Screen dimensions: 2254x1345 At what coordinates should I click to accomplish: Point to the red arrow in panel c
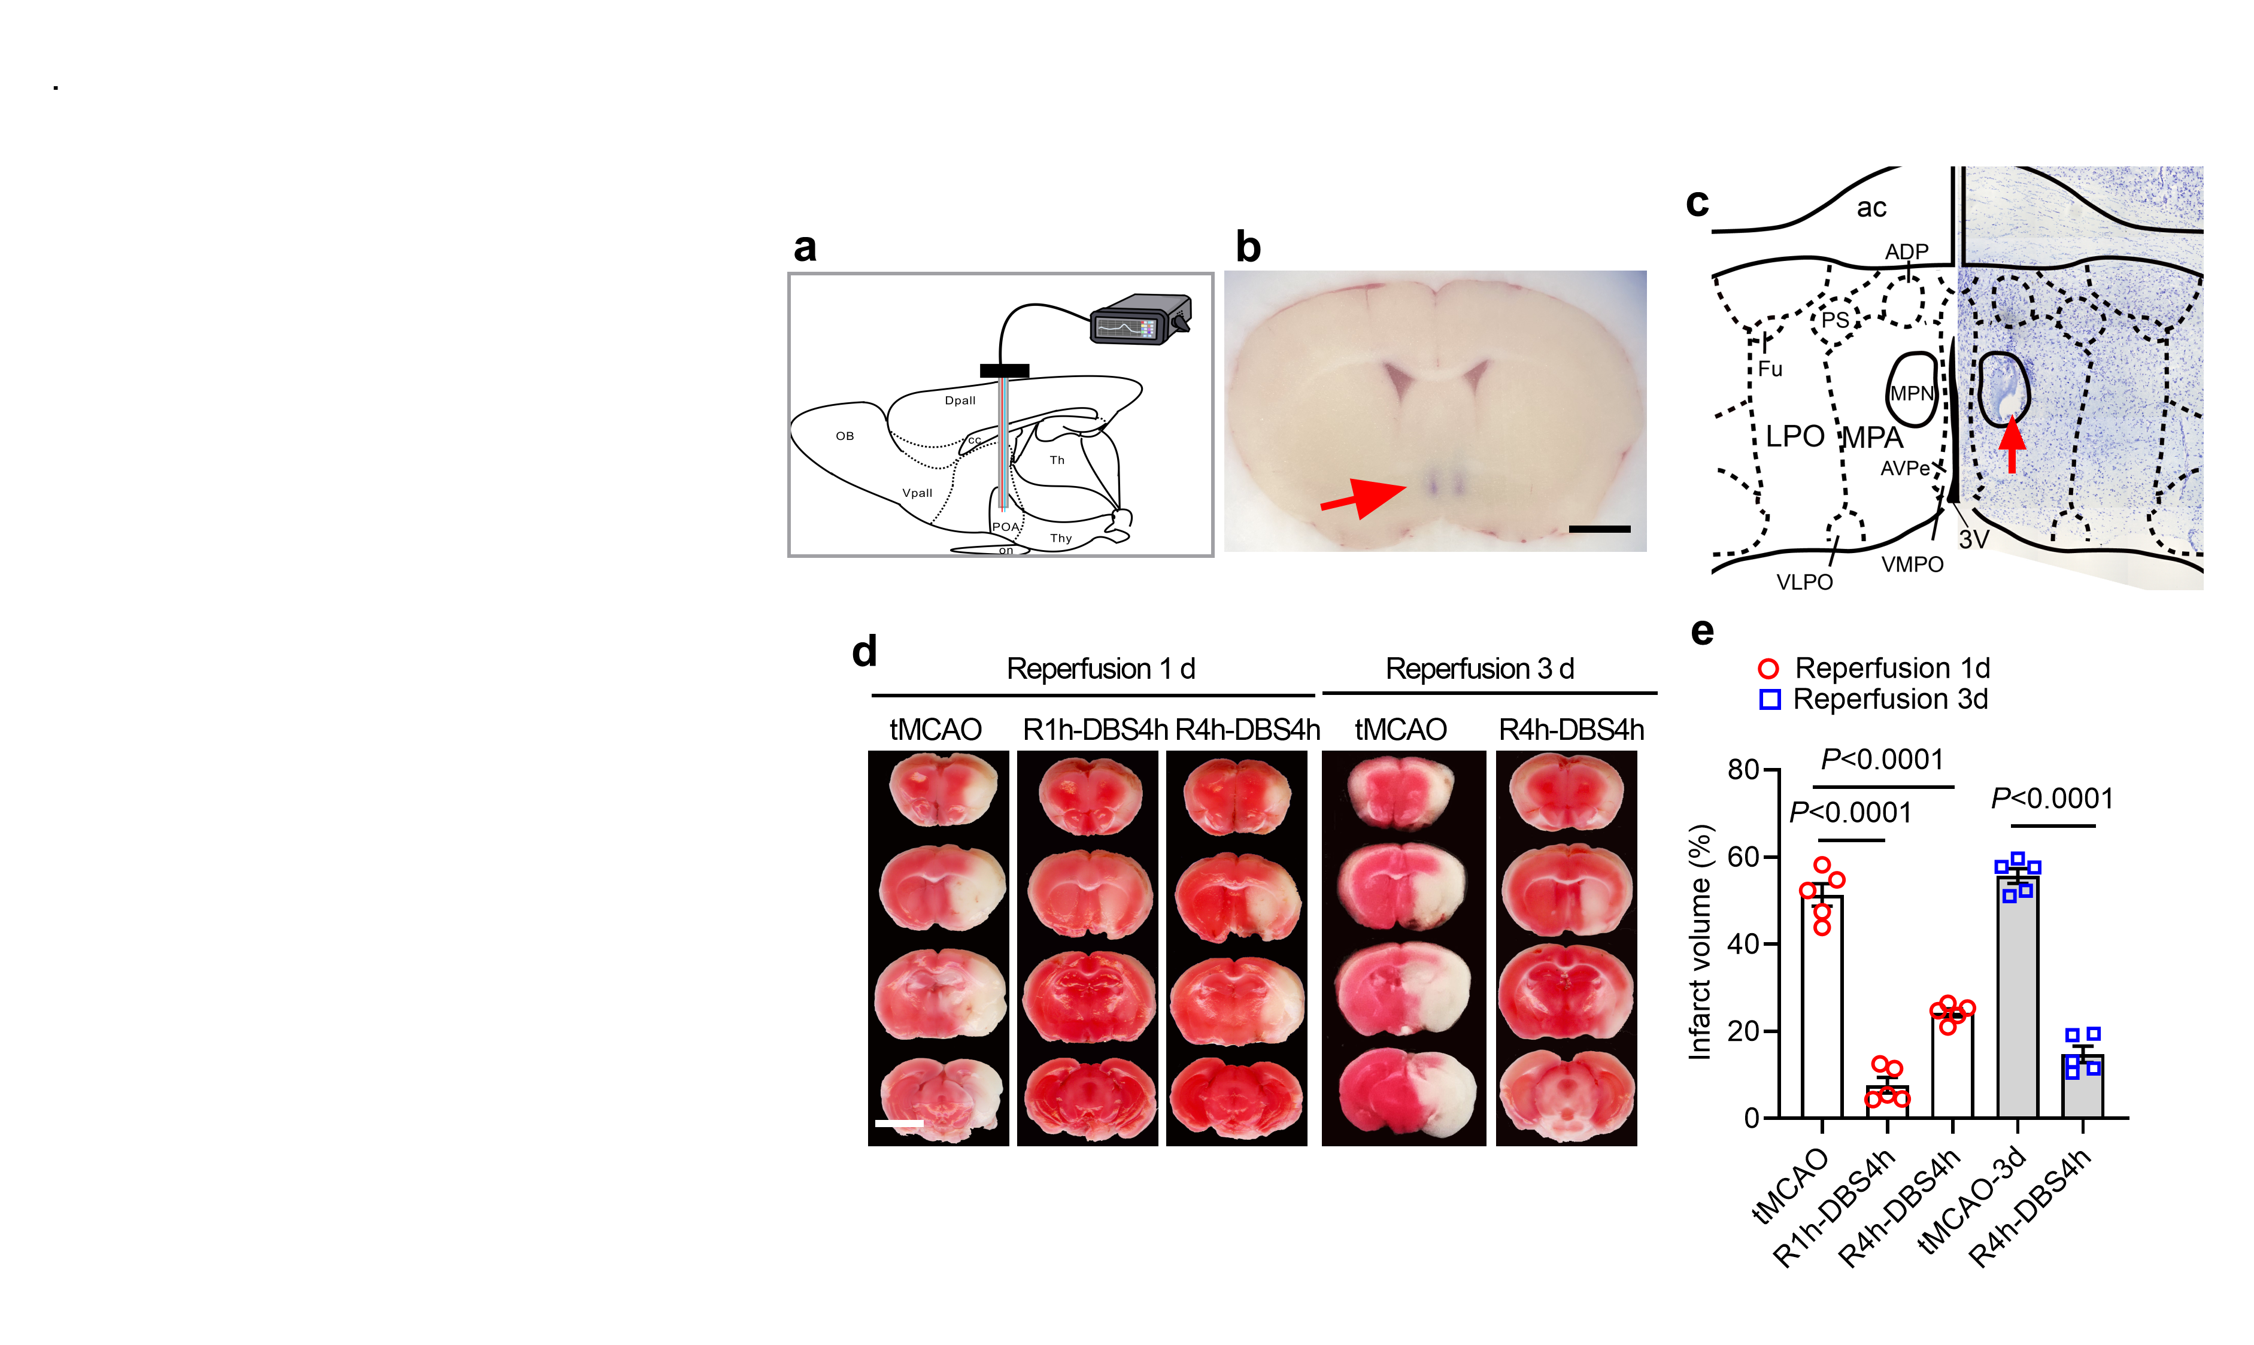click(x=2012, y=444)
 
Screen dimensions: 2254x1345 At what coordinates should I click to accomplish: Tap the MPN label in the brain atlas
click(x=1912, y=393)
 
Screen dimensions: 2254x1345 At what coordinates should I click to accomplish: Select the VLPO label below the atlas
click(x=1804, y=582)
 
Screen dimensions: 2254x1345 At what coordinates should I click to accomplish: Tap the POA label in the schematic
click(x=1005, y=527)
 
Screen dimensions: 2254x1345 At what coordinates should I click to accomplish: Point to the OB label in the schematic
click(x=845, y=436)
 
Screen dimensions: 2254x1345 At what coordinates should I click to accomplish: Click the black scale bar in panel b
click(x=1600, y=529)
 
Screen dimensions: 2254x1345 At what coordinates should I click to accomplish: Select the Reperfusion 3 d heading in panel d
click(x=1480, y=669)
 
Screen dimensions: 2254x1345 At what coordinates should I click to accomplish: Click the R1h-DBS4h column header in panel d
click(x=1095, y=730)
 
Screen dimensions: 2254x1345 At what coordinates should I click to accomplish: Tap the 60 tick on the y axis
click(x=1743, y=857)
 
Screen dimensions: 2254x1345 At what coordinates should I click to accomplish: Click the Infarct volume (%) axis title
click(x=1700, y=943)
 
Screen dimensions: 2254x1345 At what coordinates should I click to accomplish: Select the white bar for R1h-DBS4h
click(x=1887, y=1102)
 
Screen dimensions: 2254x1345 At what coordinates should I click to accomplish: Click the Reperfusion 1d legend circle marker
click(x=1768, y=669)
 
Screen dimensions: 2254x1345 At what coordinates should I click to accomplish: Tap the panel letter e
click(x=1702, y=631)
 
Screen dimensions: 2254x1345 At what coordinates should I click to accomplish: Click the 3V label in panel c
click(x=1973, y=540)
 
